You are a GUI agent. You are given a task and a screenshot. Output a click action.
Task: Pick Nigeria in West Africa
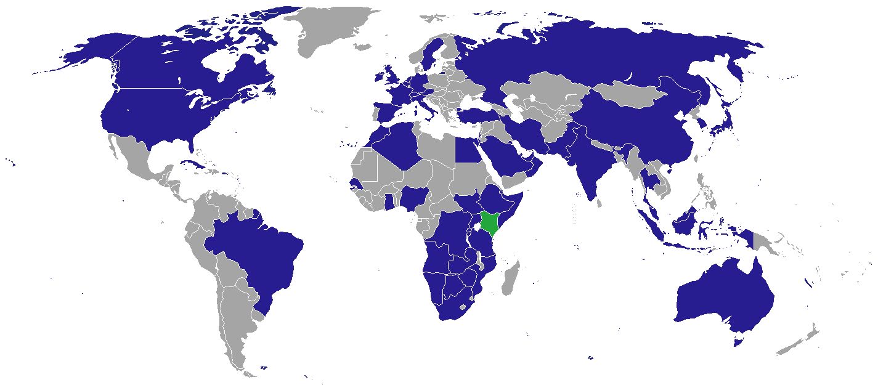(415, 197)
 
